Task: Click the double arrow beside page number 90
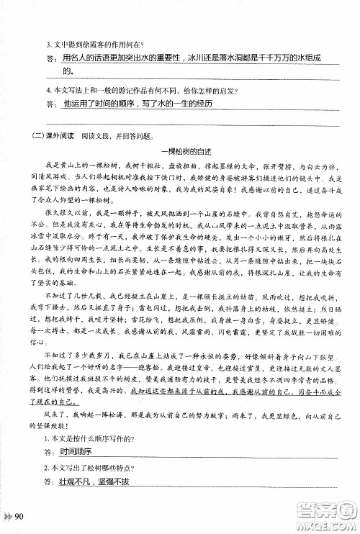click(9, 516)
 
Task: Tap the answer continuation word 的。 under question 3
click(68, 71)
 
